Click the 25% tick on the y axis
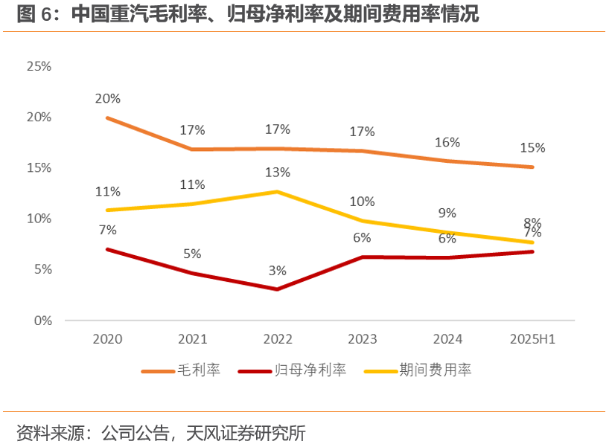[39, 66]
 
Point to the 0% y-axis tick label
[42, 321]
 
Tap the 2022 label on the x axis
[277, 339]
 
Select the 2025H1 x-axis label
[533, 339]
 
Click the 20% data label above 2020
[107, 98]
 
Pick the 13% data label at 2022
[277, 173]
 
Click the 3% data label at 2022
[277, 271]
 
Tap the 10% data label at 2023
[362, 202]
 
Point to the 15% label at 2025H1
[532, 148]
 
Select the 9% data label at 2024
[447, 213]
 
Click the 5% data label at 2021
[192, 254]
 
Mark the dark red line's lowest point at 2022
[277, 289]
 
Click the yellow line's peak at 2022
[277, 192]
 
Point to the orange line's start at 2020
[107, 118]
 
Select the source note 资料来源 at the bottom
[161, 433]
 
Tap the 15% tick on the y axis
[39, 168]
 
